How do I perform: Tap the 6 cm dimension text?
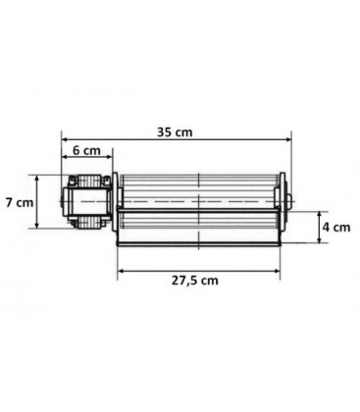pos(87,151)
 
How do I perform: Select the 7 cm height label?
pos(20,202)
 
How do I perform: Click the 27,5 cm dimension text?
pos(199,280)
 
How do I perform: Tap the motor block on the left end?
pos(86,202)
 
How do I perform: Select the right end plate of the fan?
pos(284,208)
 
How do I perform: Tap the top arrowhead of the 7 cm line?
pos(39,179)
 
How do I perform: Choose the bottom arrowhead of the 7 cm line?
pos(39,227)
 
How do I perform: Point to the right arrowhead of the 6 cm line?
pos(112,160)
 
